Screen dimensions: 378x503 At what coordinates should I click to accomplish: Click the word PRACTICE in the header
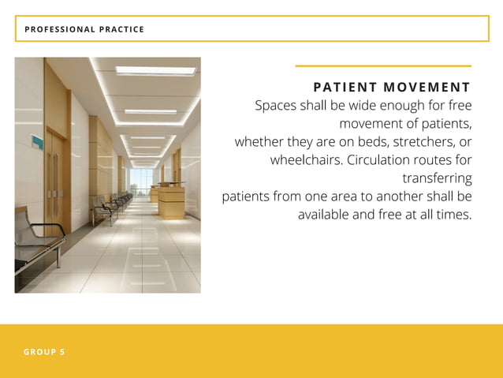121,29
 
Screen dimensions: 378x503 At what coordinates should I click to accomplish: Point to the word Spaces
276,106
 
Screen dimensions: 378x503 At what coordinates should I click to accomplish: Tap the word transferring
437,178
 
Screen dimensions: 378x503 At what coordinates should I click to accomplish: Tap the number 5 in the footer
62,352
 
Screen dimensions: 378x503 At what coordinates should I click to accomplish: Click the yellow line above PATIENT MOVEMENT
382,65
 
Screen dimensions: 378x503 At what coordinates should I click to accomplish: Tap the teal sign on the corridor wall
36,142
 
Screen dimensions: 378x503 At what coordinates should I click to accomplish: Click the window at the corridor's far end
142,180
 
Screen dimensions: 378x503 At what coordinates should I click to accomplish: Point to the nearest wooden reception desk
171,201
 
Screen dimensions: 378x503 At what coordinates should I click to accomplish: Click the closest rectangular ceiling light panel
155,71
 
